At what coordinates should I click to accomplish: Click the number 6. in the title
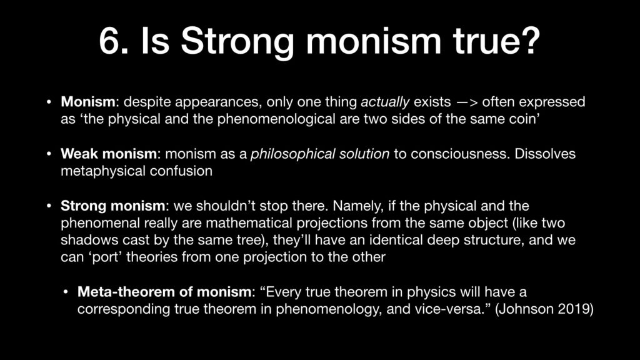click(x=114, y=41)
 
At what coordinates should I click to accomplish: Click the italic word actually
click(x=385, y=102)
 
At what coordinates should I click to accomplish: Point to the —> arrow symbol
click(x=467, y=102)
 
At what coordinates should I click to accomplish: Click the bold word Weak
click(x=79, y=154)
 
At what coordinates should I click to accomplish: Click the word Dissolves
click(x=545, y=154)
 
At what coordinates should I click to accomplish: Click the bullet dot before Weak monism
click(x=49, y=154)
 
